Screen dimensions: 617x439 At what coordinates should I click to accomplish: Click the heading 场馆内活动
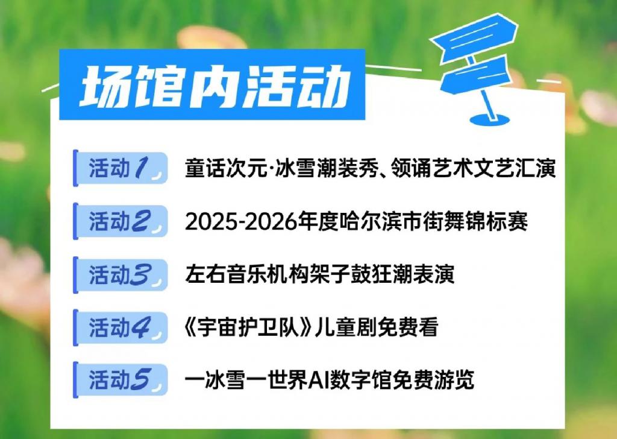214,86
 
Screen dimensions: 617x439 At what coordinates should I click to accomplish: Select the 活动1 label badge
121,168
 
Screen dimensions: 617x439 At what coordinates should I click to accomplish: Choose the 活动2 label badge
121,221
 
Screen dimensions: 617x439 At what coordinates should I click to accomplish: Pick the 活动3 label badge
121,274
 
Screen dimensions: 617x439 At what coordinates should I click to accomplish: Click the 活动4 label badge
121,327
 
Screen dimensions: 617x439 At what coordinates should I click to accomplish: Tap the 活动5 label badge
121,381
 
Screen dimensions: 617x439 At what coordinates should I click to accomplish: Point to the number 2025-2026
241,222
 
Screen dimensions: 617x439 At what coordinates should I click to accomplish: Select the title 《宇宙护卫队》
249,327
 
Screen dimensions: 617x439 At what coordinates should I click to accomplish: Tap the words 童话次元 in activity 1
226,168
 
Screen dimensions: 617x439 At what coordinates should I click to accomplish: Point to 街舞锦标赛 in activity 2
475,222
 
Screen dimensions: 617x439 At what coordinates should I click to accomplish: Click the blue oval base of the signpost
489,119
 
